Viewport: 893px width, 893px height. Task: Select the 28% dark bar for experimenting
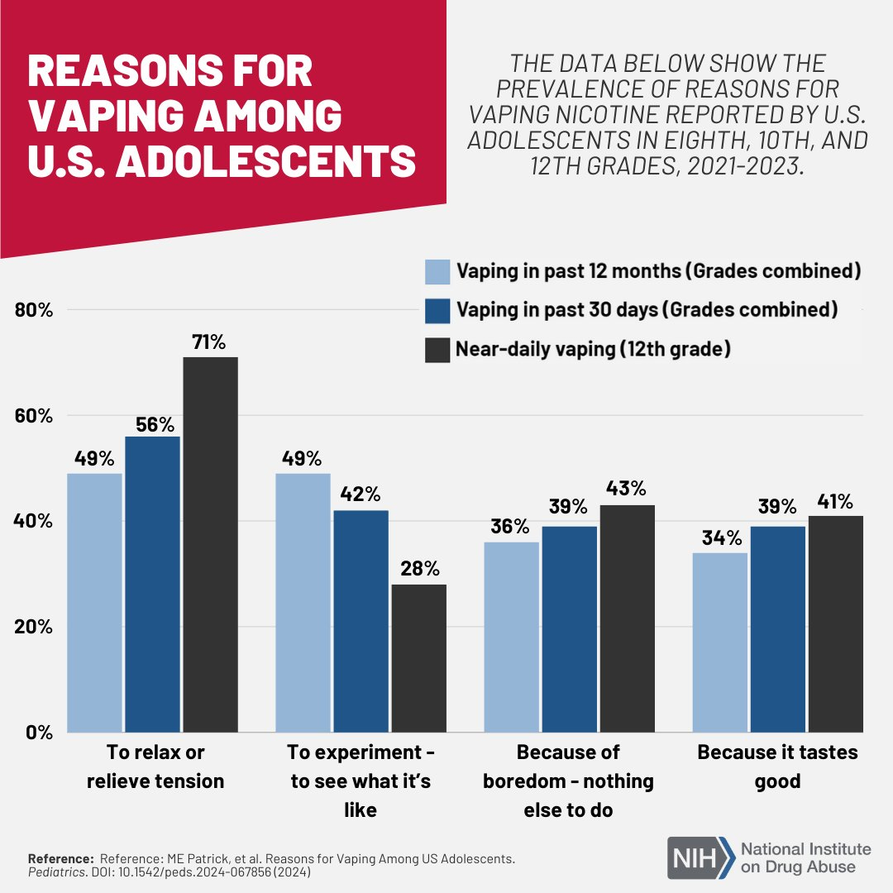(418, 658)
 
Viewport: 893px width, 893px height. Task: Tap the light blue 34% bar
(719, 642)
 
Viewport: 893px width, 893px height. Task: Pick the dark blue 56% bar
(152, 584)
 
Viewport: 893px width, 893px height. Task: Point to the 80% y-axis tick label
(35, 311)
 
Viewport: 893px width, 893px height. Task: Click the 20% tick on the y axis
(35, 627)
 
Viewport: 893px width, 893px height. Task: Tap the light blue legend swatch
(437, 272)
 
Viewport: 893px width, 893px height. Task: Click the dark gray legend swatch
(437, 350)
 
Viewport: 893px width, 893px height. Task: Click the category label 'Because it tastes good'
(777, 766)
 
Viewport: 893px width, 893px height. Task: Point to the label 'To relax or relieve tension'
(155, 766)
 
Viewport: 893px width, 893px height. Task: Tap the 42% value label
(361, 494)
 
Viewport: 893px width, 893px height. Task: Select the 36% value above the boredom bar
(511, 526)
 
